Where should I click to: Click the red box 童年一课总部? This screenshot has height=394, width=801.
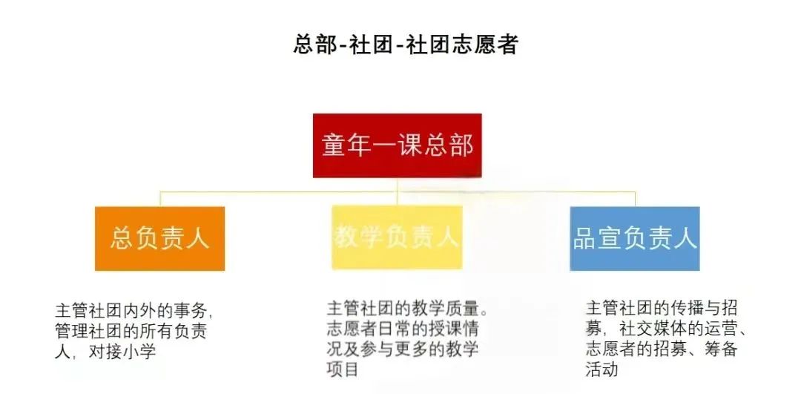coord(397,145)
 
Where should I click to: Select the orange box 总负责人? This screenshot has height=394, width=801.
coord(160,239)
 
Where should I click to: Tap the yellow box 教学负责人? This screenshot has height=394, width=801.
coord(397,237)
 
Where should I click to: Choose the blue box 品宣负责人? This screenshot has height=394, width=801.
coord(634,239)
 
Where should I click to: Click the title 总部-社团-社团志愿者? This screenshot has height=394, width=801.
coord(406,45)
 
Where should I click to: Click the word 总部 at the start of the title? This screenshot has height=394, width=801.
coord(315,45)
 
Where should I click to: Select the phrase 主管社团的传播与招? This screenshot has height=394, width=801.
coord(662,309)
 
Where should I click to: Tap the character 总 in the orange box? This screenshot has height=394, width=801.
coord(122,239)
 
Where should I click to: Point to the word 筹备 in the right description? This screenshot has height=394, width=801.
coord(722,349)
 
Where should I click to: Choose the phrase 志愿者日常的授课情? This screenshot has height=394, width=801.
coord(403,327)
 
